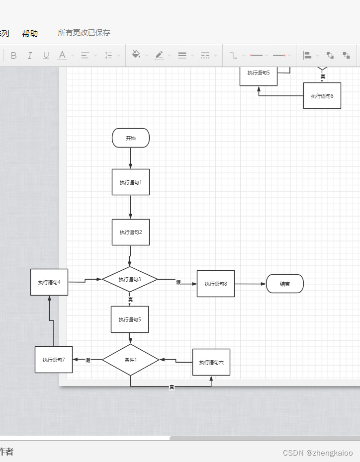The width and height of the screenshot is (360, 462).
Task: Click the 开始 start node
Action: tap(131, 138)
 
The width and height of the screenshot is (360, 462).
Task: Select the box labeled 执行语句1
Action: tap(131, 182)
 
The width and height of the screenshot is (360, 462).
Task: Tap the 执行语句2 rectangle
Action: tap(131, 232)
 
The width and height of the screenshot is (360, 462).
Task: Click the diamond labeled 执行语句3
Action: tap(130, 279)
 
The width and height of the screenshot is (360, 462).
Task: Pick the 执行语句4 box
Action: tap(49, 282)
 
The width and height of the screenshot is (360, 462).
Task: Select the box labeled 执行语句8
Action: tap(216, 284)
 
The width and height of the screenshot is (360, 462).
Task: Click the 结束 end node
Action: tap(285, 284)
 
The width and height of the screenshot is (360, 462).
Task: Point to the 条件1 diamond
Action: tap(130, 360)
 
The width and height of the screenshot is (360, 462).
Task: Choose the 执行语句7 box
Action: tap(54, 360)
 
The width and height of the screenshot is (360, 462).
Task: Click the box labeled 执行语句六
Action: tap(211, 362)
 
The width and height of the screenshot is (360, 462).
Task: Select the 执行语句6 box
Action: tap(322, 96)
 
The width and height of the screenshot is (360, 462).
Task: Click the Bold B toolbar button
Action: tap(13, 55)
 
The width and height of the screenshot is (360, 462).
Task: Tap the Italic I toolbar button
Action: tap(30, 55)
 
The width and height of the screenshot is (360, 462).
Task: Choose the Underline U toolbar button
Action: tap(46, 55)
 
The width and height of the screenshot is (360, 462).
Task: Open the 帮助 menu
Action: tap(30, 33)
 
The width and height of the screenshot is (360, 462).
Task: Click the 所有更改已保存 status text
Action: tap(84, 33)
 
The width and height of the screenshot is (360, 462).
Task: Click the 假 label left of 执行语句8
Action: tap(178, 282)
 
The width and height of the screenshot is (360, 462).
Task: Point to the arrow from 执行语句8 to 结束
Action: tap(250, 284)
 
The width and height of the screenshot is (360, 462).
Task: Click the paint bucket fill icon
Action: tap(136, 55)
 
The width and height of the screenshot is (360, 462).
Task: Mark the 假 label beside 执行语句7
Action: tap(88, 360)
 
